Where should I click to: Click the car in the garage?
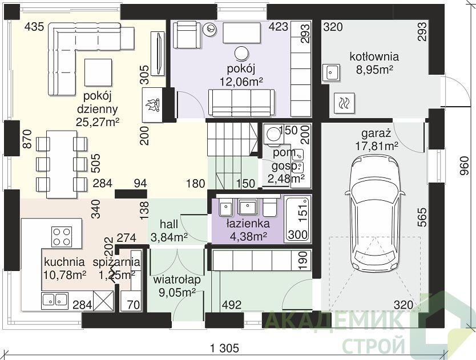(x=375, y=212)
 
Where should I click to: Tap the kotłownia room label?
(x=374, y=56)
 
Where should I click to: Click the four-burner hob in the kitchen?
(x=62, y=236)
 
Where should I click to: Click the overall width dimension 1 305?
(x=224, y=348)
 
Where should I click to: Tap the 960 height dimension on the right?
(x=464, y=166)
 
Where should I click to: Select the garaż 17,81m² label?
(x=377, y=140)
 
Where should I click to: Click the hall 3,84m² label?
(x=169, y=230)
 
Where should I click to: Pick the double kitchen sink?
(x=55, y=299)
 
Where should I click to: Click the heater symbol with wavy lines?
(x=344, y=103)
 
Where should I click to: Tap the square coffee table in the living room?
(x=98, y=72)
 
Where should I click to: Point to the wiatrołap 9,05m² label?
(x=177, y=286)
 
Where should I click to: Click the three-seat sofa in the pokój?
(x=241, y=103)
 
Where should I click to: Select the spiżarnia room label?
(x=117, y=262)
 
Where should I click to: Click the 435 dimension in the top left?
(x=34, y=27)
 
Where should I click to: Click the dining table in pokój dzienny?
(x=62, y=164)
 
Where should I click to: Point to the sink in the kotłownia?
(x=331, y=72)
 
